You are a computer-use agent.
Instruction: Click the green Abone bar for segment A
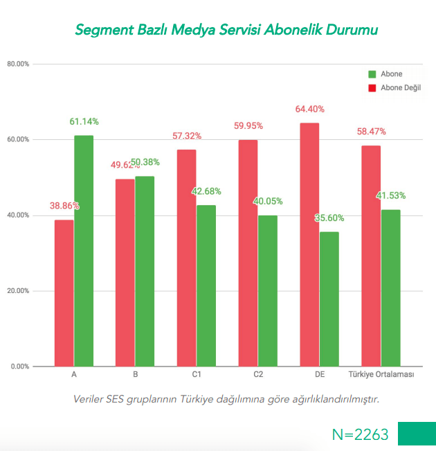pyautogui.click(x=84, y=251)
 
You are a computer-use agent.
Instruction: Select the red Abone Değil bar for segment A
pyautogui.click(x=64, y=293)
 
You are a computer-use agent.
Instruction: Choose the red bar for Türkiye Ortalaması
pyautogui.click(x=371, y=256)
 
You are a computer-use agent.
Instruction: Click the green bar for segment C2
pyautogui.click(x=268, y=290)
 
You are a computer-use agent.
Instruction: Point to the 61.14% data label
pyautogui.click(x=84, y=122)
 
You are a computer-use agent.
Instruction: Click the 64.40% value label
pyautogui.click(x=309, y=109)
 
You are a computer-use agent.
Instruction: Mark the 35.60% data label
pyautogui.click(x=329, y=218)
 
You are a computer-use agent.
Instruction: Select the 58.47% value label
pyautogui.click(x=371, y=132)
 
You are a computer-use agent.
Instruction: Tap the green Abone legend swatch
pyautogui.click(x=372, y=74)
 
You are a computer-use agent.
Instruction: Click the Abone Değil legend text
pyautogui.click(x=401, y=88)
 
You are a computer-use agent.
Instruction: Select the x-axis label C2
pyautogui.click(x=258, y=375)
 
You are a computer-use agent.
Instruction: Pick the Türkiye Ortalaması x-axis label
pyautogui.click(x=381, y=375)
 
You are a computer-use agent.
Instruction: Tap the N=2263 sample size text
pyautogui.click(x=360, y=434)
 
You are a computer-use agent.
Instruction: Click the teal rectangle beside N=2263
pyautogui.click(x=417, y=434)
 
